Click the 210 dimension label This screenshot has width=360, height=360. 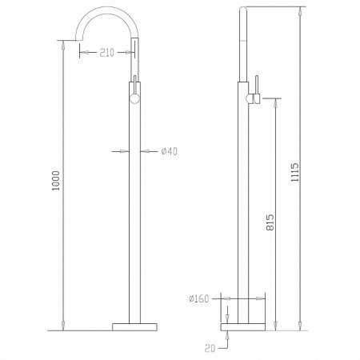[x=106, y=52]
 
